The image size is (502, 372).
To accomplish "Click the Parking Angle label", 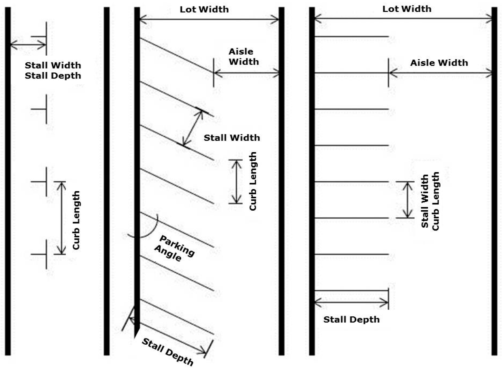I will coord(174,248).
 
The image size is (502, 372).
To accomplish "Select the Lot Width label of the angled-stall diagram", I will coord(204,9).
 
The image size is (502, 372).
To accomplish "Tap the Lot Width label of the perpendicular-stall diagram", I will coord(407,9).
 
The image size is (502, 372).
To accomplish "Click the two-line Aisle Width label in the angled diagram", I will coord(243,57).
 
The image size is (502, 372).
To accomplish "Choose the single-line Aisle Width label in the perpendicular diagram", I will coord(439,63).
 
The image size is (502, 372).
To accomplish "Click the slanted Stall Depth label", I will coord(168,352).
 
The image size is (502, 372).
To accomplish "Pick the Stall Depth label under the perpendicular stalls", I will coord(351,319).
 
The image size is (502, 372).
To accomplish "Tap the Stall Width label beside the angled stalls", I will coord(232,138).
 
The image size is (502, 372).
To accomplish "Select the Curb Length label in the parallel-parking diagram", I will coord(76,220).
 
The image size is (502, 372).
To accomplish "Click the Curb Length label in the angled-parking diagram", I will coord(253,181).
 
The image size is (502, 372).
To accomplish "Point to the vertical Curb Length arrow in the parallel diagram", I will coord(61,218).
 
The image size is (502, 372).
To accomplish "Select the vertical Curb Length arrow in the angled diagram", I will coord(237,182).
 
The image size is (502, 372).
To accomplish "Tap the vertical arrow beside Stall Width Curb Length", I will coord(408,200).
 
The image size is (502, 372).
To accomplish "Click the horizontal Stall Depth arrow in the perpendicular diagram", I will coord(351,302).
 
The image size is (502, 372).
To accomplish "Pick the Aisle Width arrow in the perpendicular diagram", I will coord(440,73).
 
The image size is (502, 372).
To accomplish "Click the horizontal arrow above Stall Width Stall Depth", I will coord(28,45).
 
